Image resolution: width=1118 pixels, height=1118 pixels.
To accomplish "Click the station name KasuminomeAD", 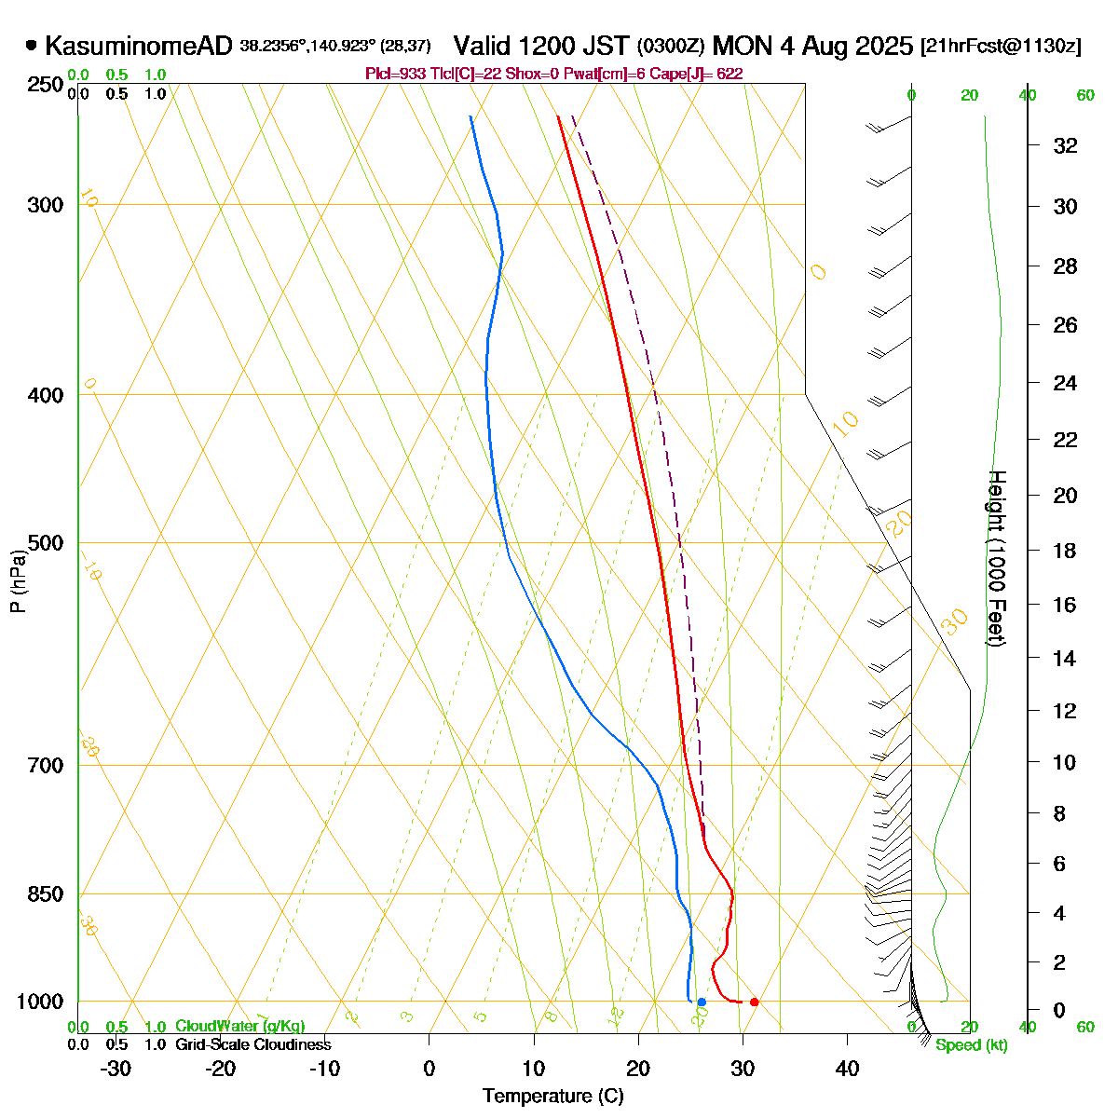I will click(x=138, y=46).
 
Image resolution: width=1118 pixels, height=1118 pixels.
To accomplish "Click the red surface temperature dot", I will click(x=754, y=1002).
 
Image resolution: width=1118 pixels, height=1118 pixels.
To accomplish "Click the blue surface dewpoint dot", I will click(x=702, y=1002).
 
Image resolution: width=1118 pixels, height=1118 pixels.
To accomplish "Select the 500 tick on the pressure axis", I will click(x=46, y=542).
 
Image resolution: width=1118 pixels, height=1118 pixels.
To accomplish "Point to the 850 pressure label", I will click(x=46, y=893).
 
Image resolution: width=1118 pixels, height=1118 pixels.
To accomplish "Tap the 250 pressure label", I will click(x=46, y=85).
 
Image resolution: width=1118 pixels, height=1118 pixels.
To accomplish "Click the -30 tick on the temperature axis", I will click(x=116, y=1069).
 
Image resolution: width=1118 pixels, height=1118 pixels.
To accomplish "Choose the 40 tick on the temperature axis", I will click(x=847, y=1069).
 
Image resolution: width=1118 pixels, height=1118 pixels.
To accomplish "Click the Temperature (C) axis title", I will click(x=553, y=1096).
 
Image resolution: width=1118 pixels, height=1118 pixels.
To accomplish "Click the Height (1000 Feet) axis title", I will click(x=996, y=559).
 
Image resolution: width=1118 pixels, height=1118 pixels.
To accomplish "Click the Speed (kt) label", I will click(x=972, y=1045).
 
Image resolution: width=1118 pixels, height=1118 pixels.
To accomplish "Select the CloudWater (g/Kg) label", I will click(x=239, y=1027).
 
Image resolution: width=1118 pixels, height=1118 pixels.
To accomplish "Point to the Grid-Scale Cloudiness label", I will click(x=252, y=1045).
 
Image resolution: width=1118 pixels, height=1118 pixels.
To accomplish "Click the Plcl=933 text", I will click(x=392, y=74).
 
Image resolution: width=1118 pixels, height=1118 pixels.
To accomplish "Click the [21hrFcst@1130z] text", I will click(x=1001, y=47).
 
